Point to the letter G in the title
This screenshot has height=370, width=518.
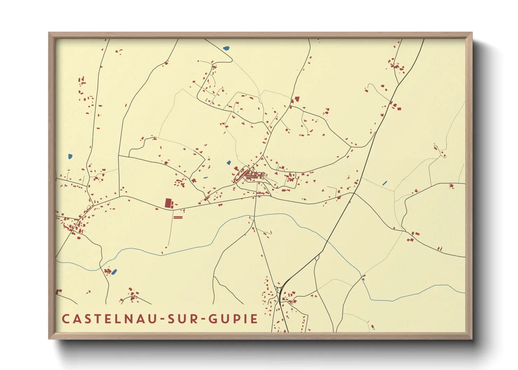click(213, 319)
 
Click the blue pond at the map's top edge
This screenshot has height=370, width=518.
click(226, 48)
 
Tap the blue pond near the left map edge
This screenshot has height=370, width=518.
click(70, 156)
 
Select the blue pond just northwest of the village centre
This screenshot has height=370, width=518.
click(229, 163)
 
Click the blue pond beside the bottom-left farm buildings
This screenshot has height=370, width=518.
click(114, 272)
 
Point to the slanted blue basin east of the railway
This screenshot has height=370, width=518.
click(385, 183)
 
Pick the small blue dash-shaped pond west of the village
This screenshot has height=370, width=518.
click(205, 178)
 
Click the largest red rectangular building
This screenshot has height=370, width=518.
click(169, 203)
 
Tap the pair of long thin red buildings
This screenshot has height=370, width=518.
click(178, 217)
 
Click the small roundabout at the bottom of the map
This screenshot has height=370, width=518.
click(279, 289)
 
